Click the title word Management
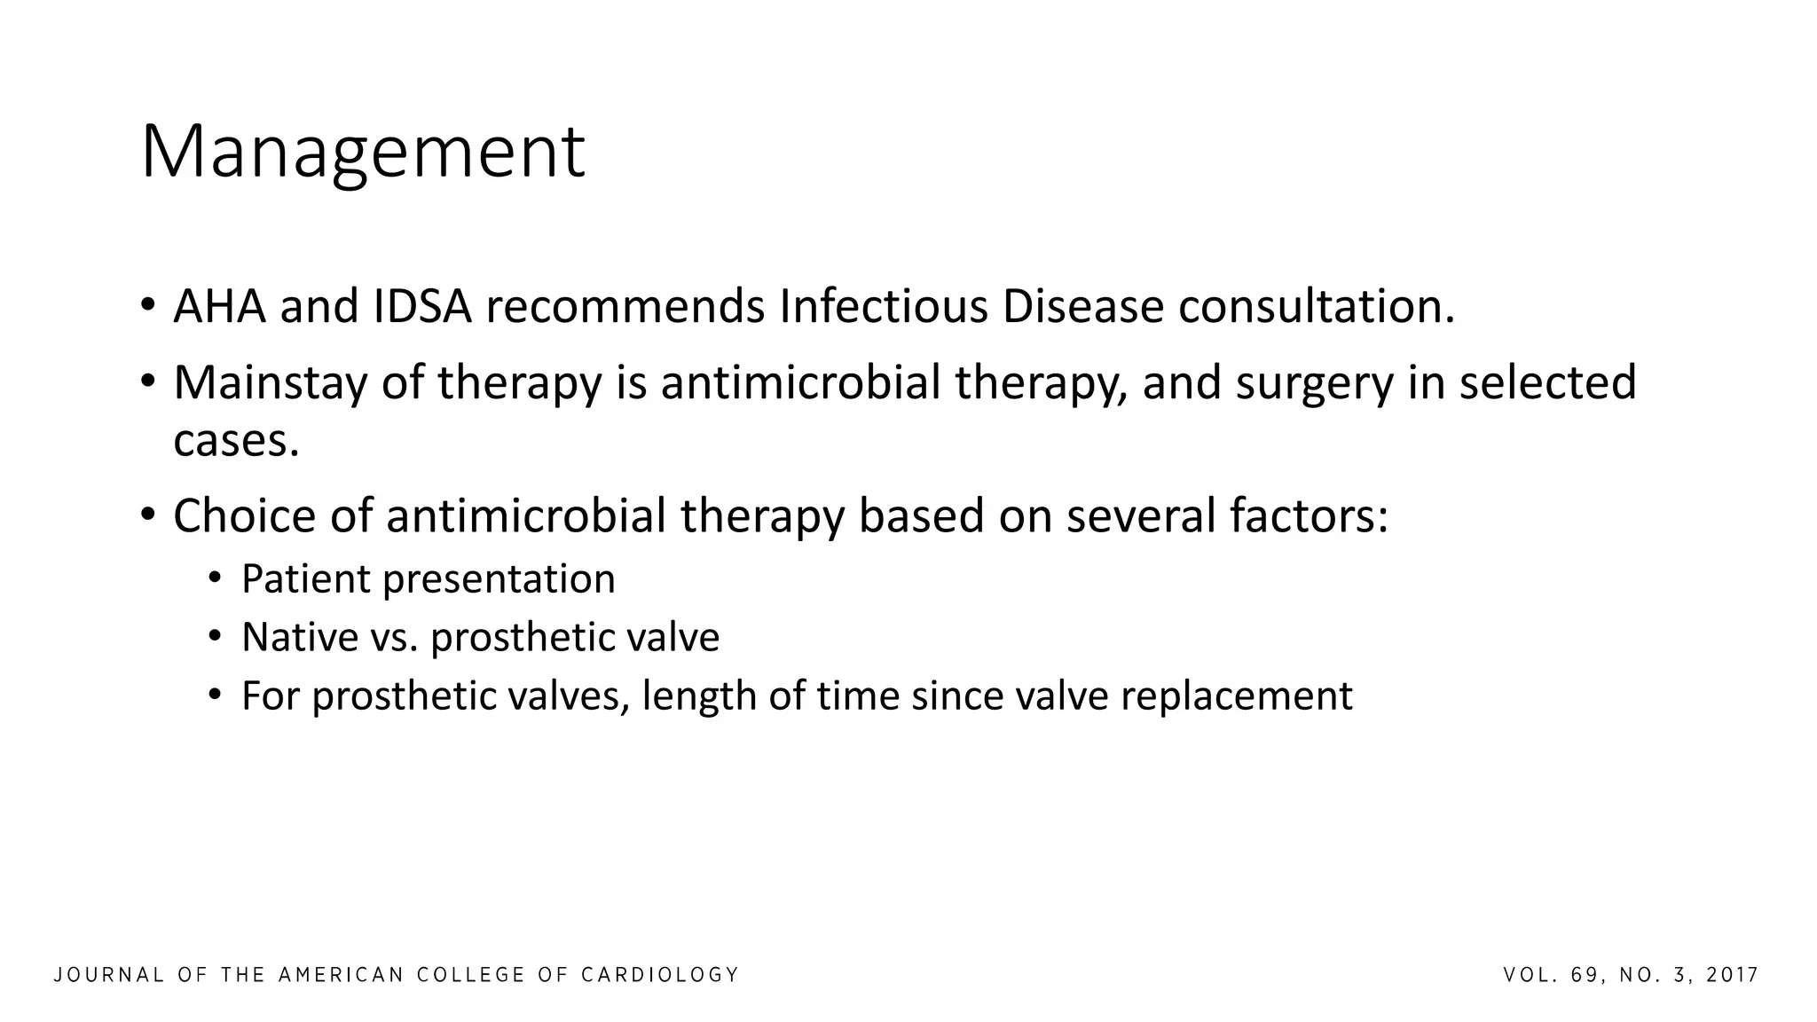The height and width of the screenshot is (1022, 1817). click(362, 153)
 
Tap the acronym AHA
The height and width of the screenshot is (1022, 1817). click(219, 307)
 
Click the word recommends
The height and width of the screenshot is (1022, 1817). click(625, 307)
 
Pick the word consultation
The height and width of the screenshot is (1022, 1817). click(1316, 307)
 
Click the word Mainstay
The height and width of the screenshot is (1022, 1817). click(270, 383)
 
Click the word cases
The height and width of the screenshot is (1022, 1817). click(235, 441)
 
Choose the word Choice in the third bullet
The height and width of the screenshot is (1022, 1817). click(244, 516)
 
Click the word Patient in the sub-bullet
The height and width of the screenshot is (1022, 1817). click(304, 579)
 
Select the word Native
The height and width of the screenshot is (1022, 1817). click(300, 638)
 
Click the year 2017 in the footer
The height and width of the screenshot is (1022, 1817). click(1733, 976)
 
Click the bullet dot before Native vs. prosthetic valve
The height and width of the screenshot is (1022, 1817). click(214, 637)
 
